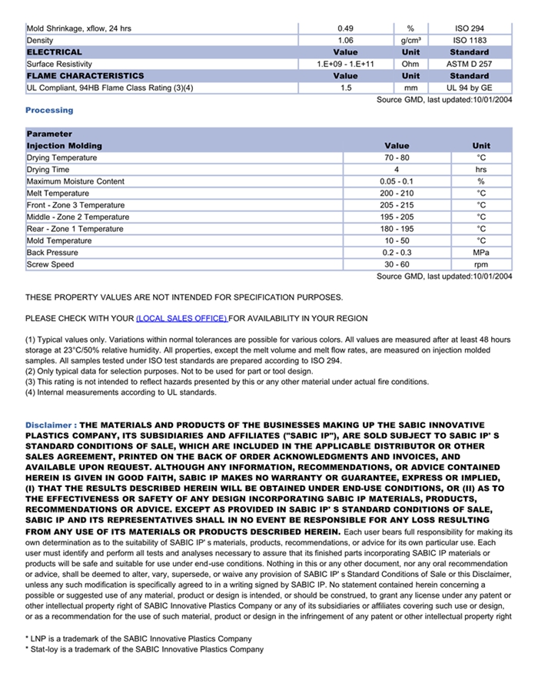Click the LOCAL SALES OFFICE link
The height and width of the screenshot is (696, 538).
[x=181, y=318]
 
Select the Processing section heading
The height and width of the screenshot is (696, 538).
[x=49, y=110]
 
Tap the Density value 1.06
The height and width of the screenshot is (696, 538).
[x=346, y=40]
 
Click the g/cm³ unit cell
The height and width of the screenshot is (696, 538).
[x=410, y=40]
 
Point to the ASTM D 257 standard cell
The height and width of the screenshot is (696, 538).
[x=469, y=64]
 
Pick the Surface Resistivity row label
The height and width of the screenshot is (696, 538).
[x=59, y=64]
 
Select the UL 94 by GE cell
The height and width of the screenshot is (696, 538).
[x=469, y=88]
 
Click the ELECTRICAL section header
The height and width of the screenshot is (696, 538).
[x=55, y=52]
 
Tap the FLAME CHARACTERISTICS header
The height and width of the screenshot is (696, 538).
[x=85, y=76]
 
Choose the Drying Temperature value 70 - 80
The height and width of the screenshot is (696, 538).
[x=397, y=157]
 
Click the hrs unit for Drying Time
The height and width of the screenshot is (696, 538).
[x=481, y=169]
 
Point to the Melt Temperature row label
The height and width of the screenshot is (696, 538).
[x=58, y=193]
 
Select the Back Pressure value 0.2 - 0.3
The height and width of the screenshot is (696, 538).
[x=397, y=252]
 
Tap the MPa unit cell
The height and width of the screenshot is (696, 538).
[x=481, y=252]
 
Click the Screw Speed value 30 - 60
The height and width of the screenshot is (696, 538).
[x=397, y=264]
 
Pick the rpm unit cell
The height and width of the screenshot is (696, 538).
[x=481, y=264]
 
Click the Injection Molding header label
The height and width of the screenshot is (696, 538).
[x=65, y=145]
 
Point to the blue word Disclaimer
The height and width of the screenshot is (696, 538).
[x=50, y=425]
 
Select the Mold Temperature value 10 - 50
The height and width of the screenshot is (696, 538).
[x=397, y=240]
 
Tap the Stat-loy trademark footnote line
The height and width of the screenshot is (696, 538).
[x=144, y=649]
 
